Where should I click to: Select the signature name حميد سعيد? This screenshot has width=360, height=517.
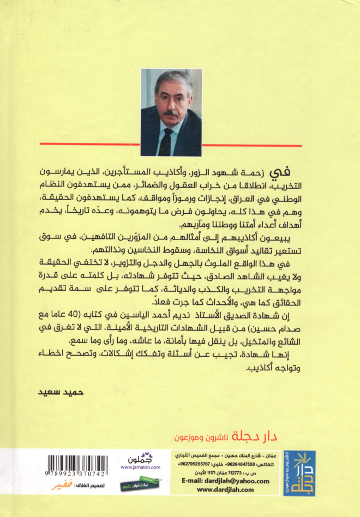pos(53,392)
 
